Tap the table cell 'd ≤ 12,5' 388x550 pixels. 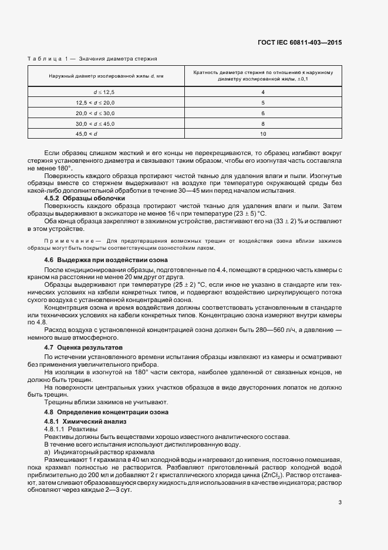[105, 92]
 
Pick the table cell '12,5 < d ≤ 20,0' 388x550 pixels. [105, 102]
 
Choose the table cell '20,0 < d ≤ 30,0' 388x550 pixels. [105, 113]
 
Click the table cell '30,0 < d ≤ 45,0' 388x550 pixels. [105, 123]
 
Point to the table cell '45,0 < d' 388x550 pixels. [105, 134]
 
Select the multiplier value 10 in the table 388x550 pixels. [263, 134]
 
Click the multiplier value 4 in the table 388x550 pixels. [263, 92]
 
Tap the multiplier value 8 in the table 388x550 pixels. [263, 123]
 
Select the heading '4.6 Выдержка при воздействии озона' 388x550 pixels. [106, 260]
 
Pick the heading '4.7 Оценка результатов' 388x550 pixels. [85, 348]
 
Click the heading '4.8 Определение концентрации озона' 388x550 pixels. [106, 412]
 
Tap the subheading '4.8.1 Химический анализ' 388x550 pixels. [85, 422]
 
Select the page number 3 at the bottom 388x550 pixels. [340, 502]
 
